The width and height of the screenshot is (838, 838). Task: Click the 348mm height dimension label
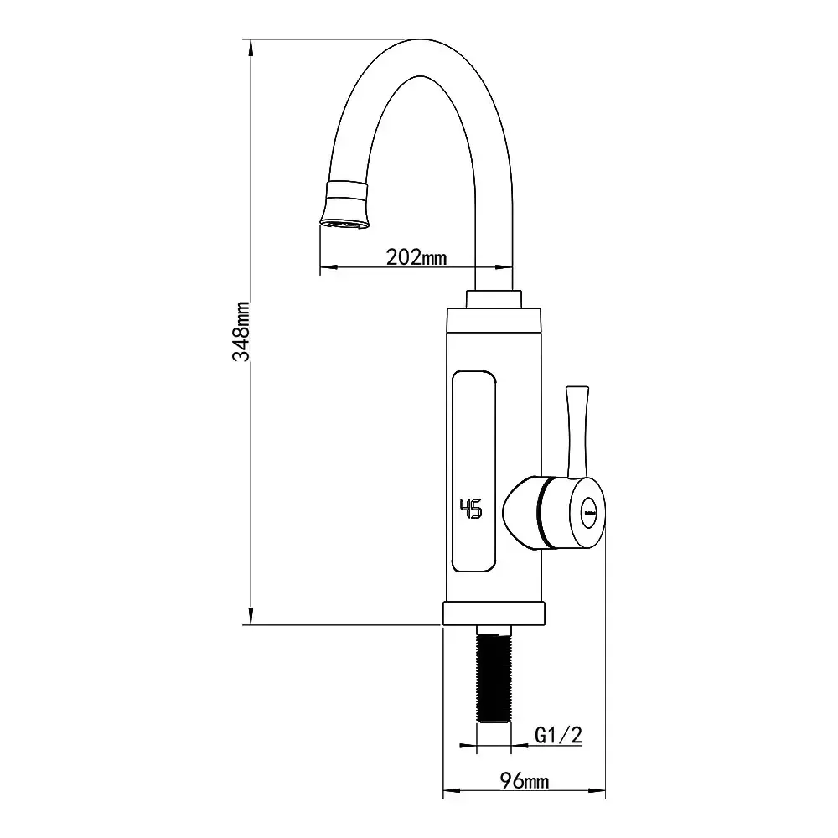coord(241,331)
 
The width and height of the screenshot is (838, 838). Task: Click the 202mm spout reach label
coord(416,257)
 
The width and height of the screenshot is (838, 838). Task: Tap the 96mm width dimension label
coord(525,781)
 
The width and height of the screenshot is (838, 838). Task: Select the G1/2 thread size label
coord(558,736)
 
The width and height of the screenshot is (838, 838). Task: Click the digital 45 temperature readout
coord(471,509)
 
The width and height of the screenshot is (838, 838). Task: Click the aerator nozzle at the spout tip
coord(345,205)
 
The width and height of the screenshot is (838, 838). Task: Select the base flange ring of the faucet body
coord(494,613)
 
